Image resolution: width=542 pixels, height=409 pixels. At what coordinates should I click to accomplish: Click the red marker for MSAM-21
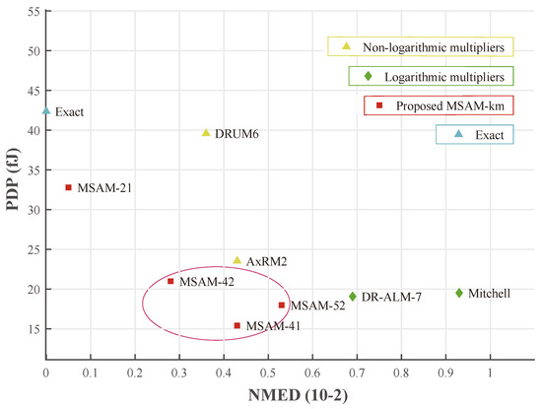pyautogui.click(x=68, y=187)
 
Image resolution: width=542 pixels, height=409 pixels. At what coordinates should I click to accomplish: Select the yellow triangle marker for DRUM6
pyautogui.click(x=206, y=133)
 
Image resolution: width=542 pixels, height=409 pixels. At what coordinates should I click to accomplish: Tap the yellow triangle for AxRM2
pyautogui.click(x=237, y=260)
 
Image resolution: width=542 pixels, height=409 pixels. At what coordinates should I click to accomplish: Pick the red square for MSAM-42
pyautogui.click(x=170, y=281)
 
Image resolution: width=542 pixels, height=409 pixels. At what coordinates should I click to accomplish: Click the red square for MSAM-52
pyautogui.click(x=282, y=306)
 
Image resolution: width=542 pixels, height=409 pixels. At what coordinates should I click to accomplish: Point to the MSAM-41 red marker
pyautogui.click(x=237, y=325)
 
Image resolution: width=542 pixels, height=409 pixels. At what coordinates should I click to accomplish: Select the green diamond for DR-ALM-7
pyautogui.click(x=352, y=296)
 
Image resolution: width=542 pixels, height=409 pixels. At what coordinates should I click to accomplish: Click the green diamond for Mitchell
pyautogui.click(x=458, y=293)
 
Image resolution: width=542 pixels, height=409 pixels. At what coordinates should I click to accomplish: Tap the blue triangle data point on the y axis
pyautogui.click(x=46, y=111)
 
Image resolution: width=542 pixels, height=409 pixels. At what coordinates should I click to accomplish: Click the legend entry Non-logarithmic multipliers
pyautogui.click(x=420, y=47)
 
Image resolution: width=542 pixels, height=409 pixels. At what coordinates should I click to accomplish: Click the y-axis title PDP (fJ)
pyautogui.click(x=12, y=190)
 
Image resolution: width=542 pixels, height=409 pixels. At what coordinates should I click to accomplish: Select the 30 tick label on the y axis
pyautogui.click(x=32, y=210)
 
